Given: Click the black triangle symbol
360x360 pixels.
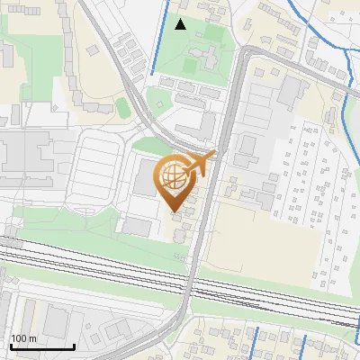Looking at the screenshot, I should tap(181, 24).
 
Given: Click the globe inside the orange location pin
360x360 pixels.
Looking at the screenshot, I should tap(175, 180).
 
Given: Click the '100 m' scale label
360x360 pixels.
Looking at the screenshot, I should tap(23, 337).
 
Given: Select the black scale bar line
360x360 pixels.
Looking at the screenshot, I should tap(41, 346).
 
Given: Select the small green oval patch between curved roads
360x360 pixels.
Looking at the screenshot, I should tap(123, 107).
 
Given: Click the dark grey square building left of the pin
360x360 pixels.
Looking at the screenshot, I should tap(146, 179).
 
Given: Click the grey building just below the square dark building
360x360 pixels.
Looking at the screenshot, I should tap(137, 225).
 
